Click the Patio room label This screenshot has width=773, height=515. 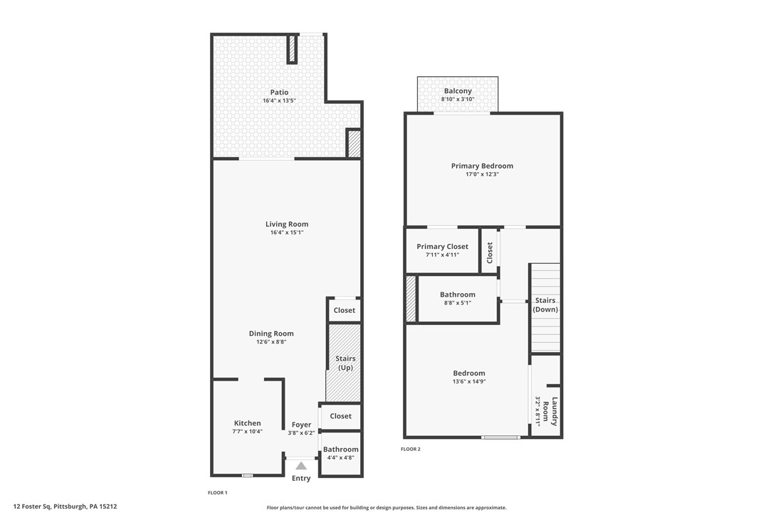pos(279,92)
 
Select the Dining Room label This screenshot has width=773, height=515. pos(271,334)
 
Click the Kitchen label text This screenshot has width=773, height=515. pos(247,423)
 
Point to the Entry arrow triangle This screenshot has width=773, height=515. pos(301,466)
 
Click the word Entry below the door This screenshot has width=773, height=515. pos(301,478)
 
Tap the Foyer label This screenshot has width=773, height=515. pos(301,425)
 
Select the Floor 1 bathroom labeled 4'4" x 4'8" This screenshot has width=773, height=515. pos(341,453)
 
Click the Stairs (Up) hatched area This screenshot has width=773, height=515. pos(345,363)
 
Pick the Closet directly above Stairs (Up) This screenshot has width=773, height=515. pos(345,310)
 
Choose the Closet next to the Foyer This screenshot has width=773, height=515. pos(340,416)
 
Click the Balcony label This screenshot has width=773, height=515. pos(458,91)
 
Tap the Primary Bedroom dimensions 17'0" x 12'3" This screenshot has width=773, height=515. pos(482,174)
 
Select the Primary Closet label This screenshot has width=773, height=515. pos(442,247)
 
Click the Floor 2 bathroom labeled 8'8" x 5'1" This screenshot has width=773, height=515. pos(457,298)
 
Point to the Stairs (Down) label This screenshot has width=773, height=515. pos(545,305)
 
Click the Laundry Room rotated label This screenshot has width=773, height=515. pos(550,411)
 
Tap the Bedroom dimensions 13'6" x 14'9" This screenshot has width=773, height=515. pos(469,381)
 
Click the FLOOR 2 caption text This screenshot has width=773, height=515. pos(411,449)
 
